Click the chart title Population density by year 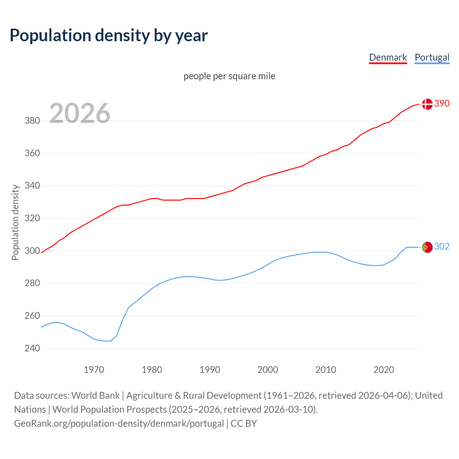tap(109, 36)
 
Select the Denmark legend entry tap(388, 57)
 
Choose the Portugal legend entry tap(432, 57)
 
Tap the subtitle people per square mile tap(229, 76)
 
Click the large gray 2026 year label tap(80, 113)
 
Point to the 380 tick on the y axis tap(32, 121)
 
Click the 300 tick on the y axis tap(32, 251)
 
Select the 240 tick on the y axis tap(32, 349)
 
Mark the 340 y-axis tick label tap(32, 186)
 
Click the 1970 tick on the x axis tap(94, 370)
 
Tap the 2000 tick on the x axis tap(268, 370)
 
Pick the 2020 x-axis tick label tap(384, 370)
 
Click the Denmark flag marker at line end tap(427, 104)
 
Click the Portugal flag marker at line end tap(427, 247)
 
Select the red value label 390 tap(442, 103)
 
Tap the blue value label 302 tap(442, 246)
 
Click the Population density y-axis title tap(15, 222)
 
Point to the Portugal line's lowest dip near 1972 tap(106, 341)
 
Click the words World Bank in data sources tap(95, 396)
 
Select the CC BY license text tap(244, 423)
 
